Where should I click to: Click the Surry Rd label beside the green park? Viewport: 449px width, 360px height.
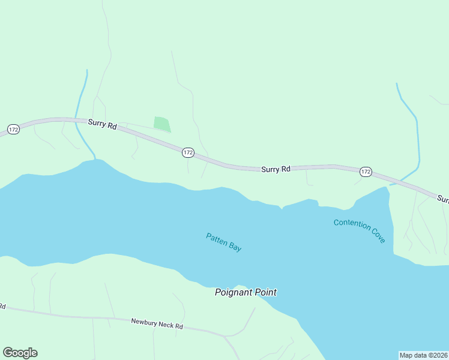(102, 124)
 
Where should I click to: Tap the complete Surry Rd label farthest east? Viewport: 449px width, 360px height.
(276, 170)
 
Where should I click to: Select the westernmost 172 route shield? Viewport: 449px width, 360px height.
(13, 129)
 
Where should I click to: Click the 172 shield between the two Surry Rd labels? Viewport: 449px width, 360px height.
(188, 152)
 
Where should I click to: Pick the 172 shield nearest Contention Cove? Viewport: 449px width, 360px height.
(366, 172)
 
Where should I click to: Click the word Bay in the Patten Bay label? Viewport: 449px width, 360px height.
(235, 247)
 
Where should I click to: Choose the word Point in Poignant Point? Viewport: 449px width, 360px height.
(265, 293)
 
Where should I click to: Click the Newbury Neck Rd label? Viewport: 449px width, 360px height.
(157, 324)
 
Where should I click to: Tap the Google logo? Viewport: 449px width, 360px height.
(20, 353)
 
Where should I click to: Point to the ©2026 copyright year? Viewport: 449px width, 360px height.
(438, 355)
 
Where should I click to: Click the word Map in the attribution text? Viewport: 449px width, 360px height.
(407, 355)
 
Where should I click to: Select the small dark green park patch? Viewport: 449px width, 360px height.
(162, 124)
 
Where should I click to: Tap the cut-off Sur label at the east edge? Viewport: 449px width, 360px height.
(443, 198)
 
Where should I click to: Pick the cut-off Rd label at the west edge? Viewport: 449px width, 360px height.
(2, 307)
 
